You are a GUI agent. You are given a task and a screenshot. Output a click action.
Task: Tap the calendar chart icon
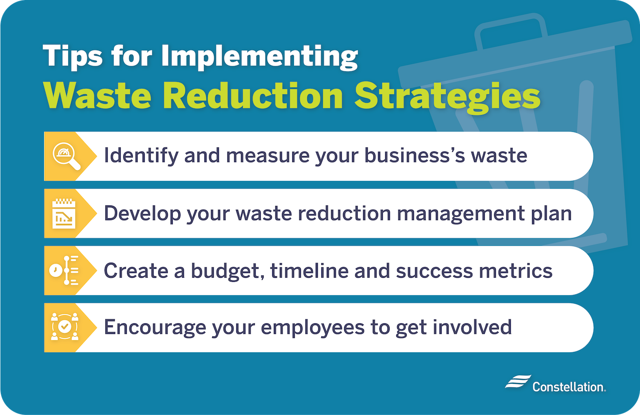[64, 213]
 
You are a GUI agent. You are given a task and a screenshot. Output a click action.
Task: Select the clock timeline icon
[64, 270]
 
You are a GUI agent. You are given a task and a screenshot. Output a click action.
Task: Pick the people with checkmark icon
[64, 327]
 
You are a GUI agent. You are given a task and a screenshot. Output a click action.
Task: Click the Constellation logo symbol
[518, 382]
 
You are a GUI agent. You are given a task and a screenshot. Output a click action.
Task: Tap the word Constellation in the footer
[568, 387]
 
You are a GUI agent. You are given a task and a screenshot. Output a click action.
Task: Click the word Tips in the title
[73, 56]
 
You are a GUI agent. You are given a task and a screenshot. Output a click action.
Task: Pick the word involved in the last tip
[472, 327]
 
